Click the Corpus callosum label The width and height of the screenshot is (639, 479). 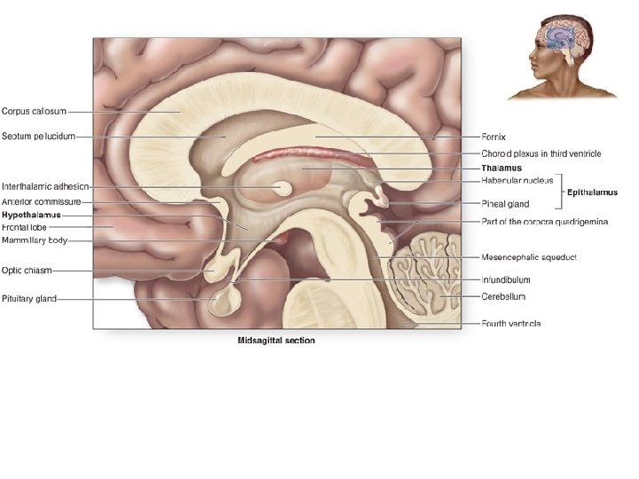[x=34, y=111]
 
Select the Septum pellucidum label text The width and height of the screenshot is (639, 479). [x=38, y=137]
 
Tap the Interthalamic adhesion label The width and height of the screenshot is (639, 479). [x=43, y=187]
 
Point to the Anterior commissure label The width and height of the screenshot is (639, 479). [x=42, y=202]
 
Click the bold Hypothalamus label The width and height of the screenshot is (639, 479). [x=30, y=215]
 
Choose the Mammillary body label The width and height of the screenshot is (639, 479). [x=35, y=239]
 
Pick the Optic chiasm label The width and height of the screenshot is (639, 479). [x=28, y=270]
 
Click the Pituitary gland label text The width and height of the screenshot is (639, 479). [x=29, y=298]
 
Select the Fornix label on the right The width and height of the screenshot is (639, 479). [x=493, y=137]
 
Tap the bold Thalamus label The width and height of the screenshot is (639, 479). [x=501, y=168]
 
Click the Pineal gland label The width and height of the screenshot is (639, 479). [x=505, y=204]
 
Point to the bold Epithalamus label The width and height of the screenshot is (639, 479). [x=593, y=192]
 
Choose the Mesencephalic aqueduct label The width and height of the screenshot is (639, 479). [x=529, y=256]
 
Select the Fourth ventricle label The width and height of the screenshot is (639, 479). [x=511, y=323]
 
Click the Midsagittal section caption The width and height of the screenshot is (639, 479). [x=275, y=340]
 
